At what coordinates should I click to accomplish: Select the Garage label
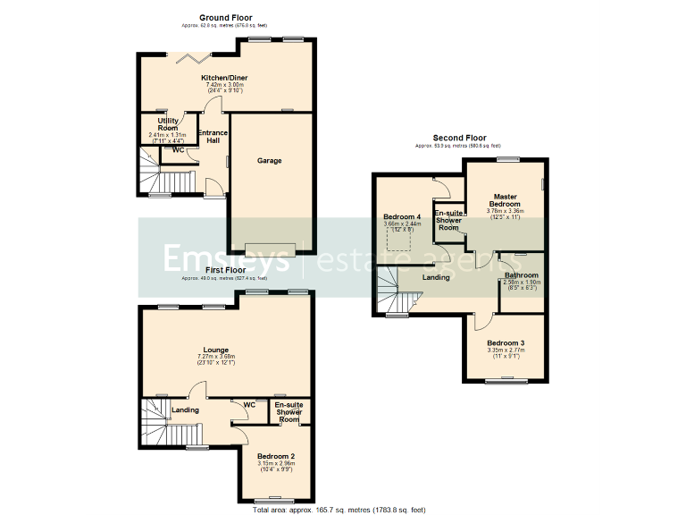tap(270, 161)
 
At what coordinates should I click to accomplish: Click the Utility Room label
tap(168, 123)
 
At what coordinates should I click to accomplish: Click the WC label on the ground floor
tap(178, 150)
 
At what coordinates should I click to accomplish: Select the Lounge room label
tap(215, 350)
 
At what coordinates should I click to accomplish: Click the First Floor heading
tap(225, 270)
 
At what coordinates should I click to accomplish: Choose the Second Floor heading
tap(458, 138)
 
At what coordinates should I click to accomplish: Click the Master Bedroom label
tap(505, 200)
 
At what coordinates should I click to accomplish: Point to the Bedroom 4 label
tap(402, 217)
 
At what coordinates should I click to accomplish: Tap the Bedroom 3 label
tap(506, 343)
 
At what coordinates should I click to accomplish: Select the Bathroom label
tap(521, 275)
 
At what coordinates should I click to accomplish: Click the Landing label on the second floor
tap(436, 278)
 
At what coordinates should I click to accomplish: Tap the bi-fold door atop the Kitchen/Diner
tap(193, 59)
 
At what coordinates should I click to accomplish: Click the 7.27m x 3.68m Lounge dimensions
tap(215, 358)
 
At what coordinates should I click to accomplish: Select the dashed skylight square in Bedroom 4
tap(399, 241)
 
